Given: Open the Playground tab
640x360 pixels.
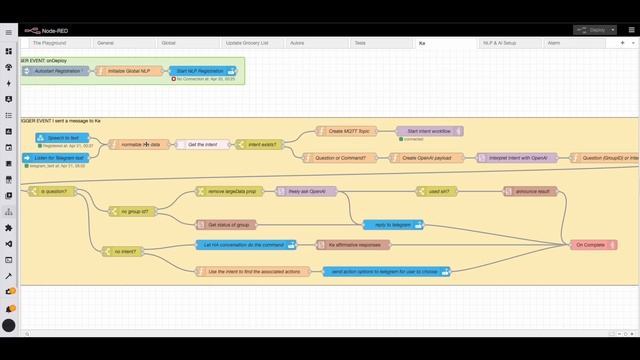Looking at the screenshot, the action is [x=50, y=44].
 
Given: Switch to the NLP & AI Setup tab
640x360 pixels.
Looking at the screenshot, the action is [x=500, y=44].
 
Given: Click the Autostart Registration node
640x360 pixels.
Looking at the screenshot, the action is [x=58, y=71].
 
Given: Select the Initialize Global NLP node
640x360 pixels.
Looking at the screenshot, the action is [x=128, y=71].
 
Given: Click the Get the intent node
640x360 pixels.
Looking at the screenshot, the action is [x=203, y=145].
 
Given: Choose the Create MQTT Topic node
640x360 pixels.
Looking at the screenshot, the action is [x=350, y=131].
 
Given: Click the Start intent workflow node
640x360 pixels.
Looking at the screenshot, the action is [x=430, y=131].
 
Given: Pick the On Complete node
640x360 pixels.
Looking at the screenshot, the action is [x=590, y=245].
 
